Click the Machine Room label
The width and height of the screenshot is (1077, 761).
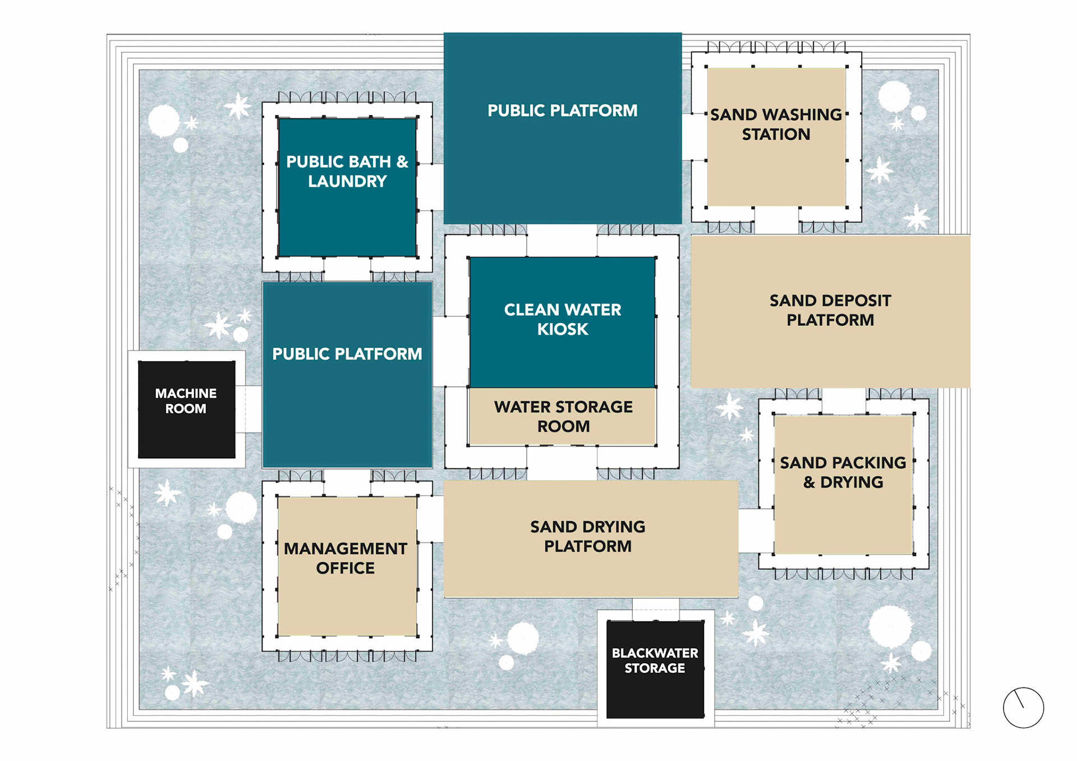tap(186, 401)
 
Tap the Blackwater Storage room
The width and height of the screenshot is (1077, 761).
tap(655, 669)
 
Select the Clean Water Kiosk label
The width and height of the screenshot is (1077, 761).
tap(563, 319)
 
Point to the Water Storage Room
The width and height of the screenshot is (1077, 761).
tap(563, 416)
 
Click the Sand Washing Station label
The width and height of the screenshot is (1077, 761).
tap(776, 124)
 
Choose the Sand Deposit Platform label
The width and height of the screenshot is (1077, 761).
tap(830, 310)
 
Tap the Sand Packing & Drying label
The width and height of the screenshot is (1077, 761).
tap(843, 472)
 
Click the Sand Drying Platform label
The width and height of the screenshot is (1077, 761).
tap(588, 536)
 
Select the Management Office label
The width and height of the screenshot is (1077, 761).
tap(346, 558)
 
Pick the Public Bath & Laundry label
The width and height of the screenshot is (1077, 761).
tap(347, 171)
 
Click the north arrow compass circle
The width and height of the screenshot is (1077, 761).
tap(1024, 708)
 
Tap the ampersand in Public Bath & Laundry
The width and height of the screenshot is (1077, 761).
tap(402, 162)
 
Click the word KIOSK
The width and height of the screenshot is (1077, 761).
tap(563, 329)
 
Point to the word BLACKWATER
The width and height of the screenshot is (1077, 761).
tap(655, 653)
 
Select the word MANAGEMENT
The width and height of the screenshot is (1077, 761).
tap(346, 548)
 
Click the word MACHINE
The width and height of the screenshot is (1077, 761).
tap(186, 393)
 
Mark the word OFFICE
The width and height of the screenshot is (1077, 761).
tap(346, 568)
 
